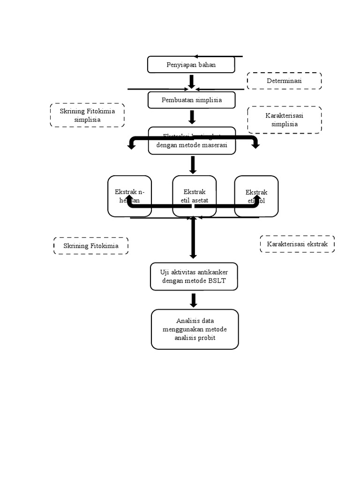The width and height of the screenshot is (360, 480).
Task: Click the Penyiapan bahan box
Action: (191, 65)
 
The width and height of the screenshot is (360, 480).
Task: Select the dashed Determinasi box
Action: (284, 81)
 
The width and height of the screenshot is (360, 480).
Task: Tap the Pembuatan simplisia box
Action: (191, 100)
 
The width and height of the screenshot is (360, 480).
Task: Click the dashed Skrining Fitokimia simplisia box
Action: (87, 115)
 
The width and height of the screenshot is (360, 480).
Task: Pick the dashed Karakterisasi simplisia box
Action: (285, 120)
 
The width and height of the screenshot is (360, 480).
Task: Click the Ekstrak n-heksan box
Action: (129, 196)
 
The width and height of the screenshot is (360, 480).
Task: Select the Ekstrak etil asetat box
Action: (194, 196)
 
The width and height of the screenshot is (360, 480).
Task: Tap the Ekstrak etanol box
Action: (256, 196)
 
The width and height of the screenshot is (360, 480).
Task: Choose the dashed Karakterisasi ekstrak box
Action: (297, 244)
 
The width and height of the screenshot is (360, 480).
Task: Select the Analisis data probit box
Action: (195, 329)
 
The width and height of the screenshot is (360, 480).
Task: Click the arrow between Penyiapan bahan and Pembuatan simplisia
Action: (191, 82)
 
